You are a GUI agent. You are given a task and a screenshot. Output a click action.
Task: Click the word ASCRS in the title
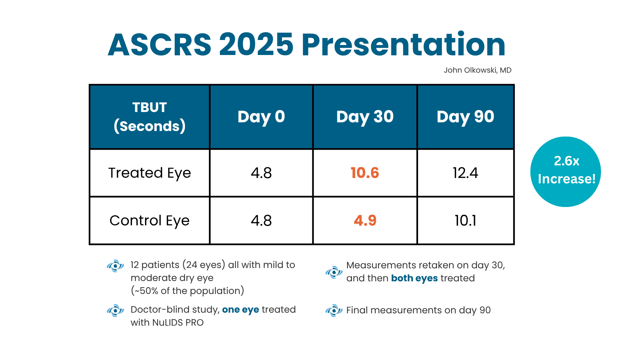159,45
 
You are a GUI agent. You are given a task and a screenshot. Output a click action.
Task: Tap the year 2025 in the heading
256,45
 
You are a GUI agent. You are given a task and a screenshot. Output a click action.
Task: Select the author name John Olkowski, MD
477,70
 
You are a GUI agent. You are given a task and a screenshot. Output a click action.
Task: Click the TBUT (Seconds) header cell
149,117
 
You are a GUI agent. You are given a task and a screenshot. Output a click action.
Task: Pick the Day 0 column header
261,117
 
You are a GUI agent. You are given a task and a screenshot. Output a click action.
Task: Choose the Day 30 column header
365,117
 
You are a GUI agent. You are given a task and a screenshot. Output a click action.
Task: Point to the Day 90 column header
465,117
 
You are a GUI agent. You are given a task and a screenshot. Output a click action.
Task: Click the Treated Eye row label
149,173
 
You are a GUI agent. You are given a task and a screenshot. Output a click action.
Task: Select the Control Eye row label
149,220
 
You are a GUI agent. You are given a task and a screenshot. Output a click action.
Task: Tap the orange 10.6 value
365,173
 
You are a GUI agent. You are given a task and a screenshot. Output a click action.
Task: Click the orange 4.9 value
365,220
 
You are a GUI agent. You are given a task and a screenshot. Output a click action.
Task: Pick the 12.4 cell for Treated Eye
465,173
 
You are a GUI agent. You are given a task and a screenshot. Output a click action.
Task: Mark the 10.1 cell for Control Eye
465,220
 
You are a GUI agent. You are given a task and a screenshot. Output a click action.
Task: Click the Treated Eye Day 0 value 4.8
261,173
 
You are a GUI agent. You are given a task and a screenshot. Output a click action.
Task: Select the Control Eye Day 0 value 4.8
261,220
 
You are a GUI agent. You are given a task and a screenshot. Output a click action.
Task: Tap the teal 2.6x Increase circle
566,172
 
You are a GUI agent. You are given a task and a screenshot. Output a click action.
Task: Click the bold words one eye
240,310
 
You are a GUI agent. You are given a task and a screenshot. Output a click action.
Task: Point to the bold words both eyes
414,278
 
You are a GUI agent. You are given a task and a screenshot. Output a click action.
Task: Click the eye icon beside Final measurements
334,310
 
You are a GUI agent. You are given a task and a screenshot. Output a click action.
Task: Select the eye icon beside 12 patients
115,266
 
